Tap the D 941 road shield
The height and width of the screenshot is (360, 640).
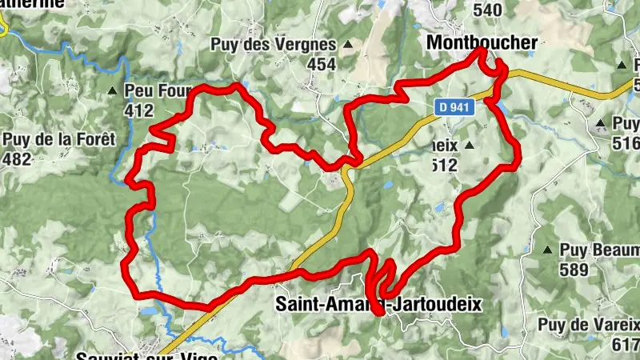pyautogui.click(x=453, y=104)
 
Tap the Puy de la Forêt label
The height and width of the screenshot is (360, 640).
pyautogui.click(x=59, y=139)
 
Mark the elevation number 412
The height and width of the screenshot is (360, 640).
pyautogui.click(x=139, y=110)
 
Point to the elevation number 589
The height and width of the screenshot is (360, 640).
pyautogui.click(x=574, y=270)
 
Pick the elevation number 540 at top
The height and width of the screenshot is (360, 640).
pyautogui.click(x=488, y=10)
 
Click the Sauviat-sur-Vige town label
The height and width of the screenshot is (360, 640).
pyautogui.click(x=147, y=355)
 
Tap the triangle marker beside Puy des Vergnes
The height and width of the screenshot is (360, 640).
pyautogui.click(x=347, y=45)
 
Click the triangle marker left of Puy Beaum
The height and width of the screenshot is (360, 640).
pyautogui.click(x=548, y=250)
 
